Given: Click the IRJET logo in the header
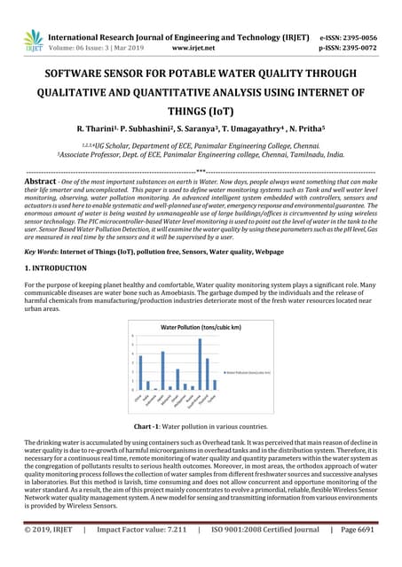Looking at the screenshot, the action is (x=33, y=39).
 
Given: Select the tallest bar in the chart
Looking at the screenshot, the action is (x=200, y=364).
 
